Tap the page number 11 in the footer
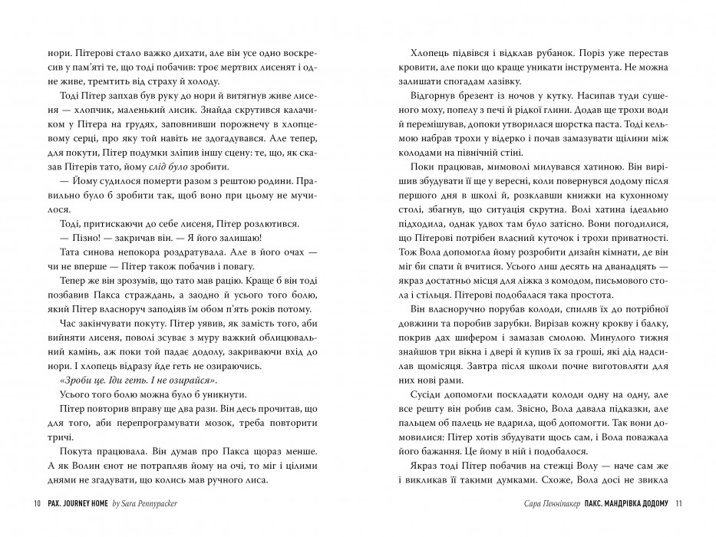coord(678,504)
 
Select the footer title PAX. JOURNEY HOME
coord(78,504)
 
